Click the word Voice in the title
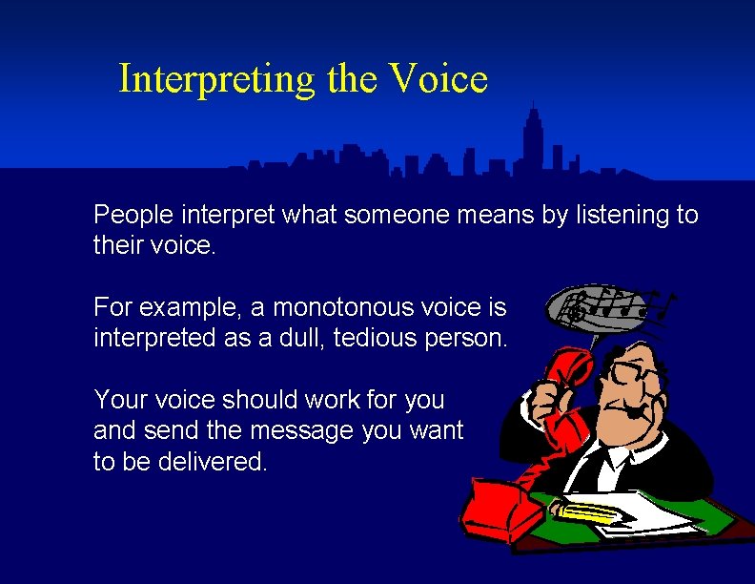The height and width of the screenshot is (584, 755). coord(439,79)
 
